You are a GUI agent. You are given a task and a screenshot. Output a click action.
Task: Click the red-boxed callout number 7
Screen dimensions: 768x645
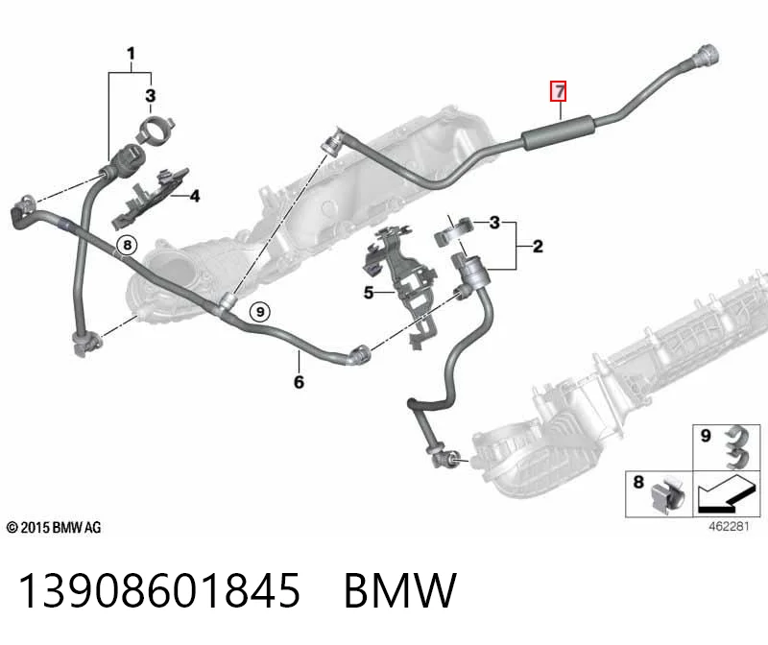pyautogui.click(x=559, y=91)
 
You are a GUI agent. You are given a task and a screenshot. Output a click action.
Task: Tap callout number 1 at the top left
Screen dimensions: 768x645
pyautogui.click(x=131, y=54)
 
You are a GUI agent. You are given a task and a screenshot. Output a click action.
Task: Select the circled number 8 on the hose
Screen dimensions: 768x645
pyautogui.click(x=128, y=245)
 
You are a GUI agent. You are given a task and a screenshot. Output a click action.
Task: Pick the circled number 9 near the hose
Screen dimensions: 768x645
pyautogui.click(x=260, y=312)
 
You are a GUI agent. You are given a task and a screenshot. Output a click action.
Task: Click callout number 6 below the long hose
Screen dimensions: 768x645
pyautogui.click(x=299, y=382)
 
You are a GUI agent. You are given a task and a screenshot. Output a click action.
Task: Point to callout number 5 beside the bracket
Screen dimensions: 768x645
pyautogui.click(x=369, y=293)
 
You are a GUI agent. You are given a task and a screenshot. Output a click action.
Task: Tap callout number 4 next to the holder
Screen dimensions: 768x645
pyautogui.click(x=195, y=197)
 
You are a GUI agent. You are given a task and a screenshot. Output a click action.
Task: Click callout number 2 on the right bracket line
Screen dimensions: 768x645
pyautogui.click(x=538, y=246)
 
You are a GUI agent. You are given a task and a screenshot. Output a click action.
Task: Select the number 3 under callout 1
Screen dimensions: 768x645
pyautogui.click(x=151, y=95)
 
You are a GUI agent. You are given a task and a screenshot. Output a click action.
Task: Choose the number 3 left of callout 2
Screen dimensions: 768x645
pyautogui.click(x=494, y=223)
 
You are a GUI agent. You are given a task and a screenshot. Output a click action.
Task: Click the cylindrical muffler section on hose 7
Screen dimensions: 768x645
pyautogui.click(x=559, y=132)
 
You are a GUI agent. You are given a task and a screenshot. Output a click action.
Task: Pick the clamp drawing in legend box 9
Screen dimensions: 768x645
pyautogui.click(x=737, y=446)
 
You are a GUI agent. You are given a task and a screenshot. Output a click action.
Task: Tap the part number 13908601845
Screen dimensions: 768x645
pyautogui.click(x=159, y=590)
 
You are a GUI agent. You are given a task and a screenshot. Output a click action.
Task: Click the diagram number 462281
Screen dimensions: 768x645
pyautogui.click(x=729, y=527)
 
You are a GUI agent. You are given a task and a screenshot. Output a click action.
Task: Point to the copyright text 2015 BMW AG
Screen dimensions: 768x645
pyautogui.click(x=54, y=528)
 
